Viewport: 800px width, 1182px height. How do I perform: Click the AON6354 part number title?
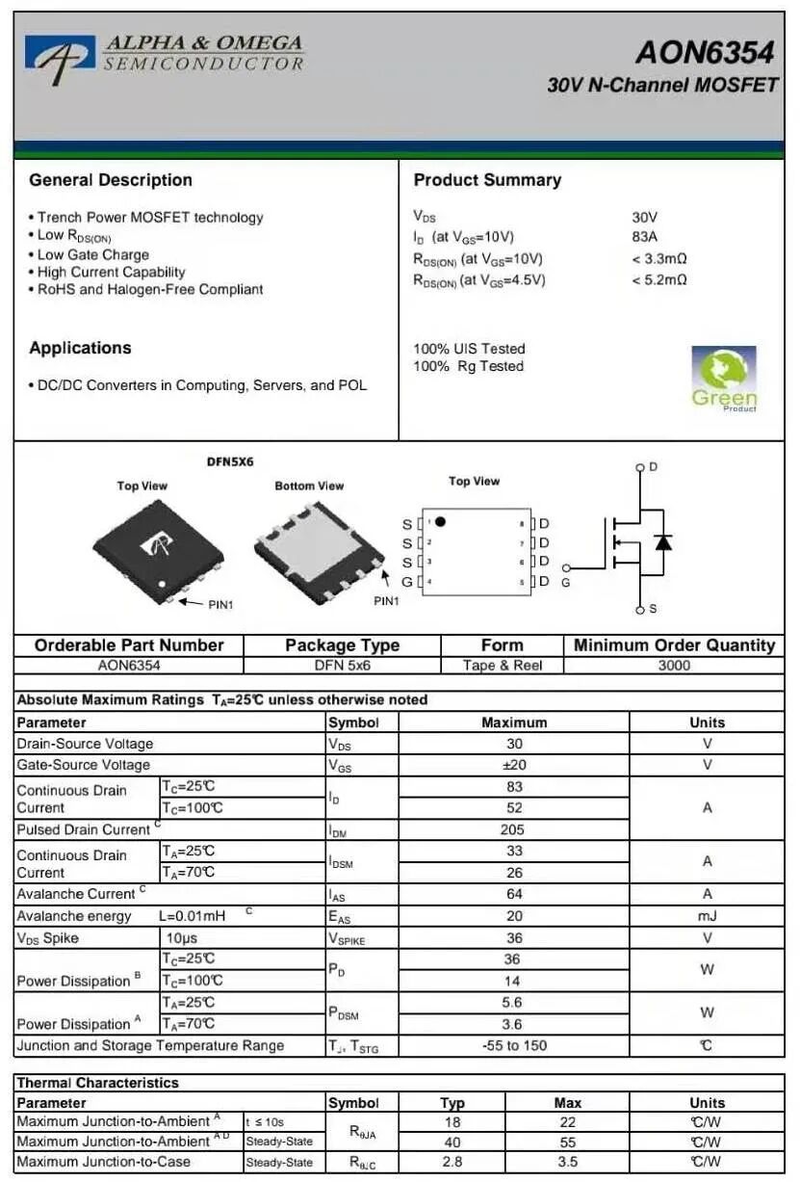click(704, 51)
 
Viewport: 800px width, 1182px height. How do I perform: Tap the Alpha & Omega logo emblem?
click(60, 55)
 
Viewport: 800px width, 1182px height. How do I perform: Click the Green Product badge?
click(724, 379)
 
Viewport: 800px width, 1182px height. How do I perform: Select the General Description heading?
click(111, 180)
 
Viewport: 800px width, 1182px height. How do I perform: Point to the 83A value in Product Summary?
click(644, 237)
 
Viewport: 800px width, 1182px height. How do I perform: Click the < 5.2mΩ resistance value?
click(659, 280)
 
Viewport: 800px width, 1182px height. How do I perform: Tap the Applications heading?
click(80, 348)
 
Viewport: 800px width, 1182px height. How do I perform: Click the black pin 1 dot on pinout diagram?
click(440, 521)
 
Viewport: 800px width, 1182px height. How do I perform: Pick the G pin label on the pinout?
click(407, 582)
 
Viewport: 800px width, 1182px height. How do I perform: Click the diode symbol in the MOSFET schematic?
click(662, 541)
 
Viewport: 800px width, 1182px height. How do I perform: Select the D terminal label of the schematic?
click(653, 467)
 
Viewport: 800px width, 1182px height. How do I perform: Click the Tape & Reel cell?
click(502, 665)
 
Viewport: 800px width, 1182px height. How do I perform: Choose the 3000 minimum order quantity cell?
click(674, 665)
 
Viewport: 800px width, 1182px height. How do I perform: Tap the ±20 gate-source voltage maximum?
click(513, 765)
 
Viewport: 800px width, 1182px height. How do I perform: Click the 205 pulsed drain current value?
click(512, 829)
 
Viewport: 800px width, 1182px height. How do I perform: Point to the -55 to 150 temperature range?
click(514, 1045)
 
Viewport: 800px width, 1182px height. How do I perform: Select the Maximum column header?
click(514, 722)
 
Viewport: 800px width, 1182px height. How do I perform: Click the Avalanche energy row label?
click(74, 916)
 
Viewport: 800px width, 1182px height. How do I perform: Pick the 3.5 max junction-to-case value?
click(567, 1162)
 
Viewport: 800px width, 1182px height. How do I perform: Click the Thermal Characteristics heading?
click(98, 1083)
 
